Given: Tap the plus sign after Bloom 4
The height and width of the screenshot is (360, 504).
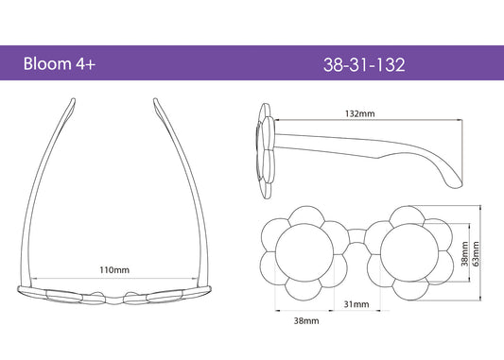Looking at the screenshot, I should (x=91, y=64).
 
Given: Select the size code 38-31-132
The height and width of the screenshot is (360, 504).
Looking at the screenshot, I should (x=364, y=64).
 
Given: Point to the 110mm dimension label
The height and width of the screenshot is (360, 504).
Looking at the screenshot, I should (x=114, y=269).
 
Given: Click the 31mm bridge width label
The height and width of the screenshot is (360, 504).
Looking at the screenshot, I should (x=356, y=303).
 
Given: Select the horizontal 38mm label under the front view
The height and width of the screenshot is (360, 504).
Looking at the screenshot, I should (x=305, y=321).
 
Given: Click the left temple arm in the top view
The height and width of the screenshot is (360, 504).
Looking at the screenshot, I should (x=49, y=189).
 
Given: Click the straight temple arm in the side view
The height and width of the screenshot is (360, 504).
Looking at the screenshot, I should (x=359, y=138).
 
